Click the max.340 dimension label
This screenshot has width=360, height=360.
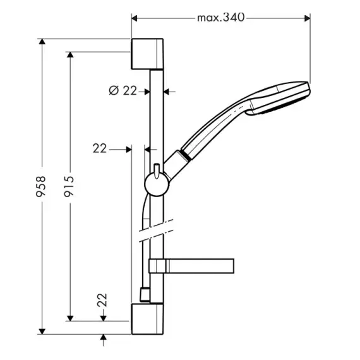click(221, 18)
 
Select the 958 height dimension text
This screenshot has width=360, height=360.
click(41, 186)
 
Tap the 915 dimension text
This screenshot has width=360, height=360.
click(69, 186)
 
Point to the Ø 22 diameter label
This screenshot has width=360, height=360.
click(123, 90)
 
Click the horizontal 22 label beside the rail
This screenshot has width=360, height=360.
click(100, 148)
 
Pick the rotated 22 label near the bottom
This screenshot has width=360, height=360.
click(102, 300)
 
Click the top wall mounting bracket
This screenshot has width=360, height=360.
click(147, 54)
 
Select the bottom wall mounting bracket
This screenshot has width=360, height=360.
click(147, 319)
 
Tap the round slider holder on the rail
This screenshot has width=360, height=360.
click(157, 184)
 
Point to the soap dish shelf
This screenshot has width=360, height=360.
click(191, 266)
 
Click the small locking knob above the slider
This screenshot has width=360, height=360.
click(157, 171)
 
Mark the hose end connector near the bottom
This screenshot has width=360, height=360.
click(145, 294)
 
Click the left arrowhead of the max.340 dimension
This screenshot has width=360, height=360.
click(135, 18)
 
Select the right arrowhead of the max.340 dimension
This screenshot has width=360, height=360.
click(307, 18)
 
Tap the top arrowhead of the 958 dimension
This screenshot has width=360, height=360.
click(42, 42)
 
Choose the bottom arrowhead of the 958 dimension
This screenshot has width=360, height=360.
click(42, 332)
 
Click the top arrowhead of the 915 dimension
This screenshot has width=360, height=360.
click(70, 55)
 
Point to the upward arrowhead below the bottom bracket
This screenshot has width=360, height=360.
click(104, 337)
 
